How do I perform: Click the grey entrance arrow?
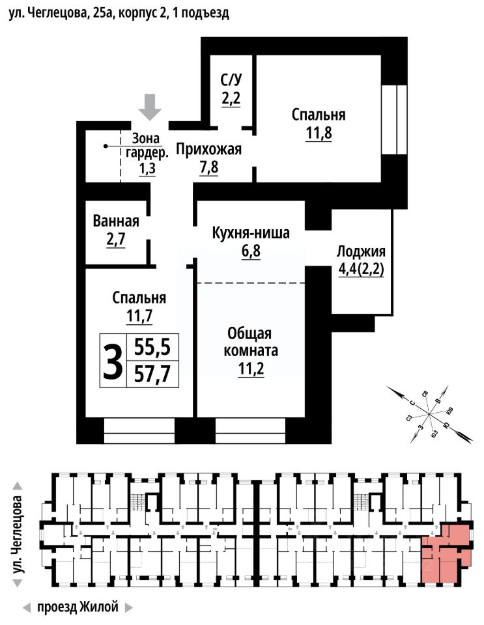click(x=151, y=106)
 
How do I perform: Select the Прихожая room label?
click(x=210, y=150)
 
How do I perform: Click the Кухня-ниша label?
click(x=251, y=232)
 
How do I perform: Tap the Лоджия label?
click(x=361, y=253)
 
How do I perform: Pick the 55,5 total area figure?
click(x=152, y=348)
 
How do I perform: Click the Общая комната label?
click(x=253, y=342)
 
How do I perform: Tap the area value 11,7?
click(x=139, y=317)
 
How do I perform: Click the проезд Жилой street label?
click(x=78, y=607)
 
